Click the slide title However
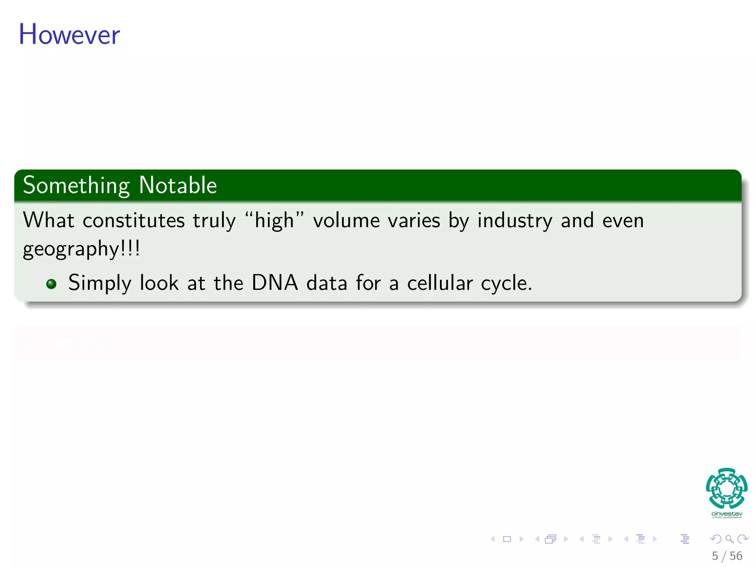click(69, 34)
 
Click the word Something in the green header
click(76, 185)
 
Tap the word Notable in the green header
click(178, 185)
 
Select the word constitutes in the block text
click(133, 221)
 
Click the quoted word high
click(274, 221)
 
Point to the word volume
click(346, 221)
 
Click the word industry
click(515, 221)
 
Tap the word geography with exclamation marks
click(81, 249)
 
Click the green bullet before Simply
click(51, 284)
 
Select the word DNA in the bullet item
click(275, 283)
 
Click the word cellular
click(440, 283)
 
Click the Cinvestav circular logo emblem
click(726, 488)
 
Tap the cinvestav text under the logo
click(726, 514)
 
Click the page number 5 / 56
click(727, 556)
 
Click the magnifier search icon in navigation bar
click(729, 539)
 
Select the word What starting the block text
click(48, 220)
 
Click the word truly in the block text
click(214, 221)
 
